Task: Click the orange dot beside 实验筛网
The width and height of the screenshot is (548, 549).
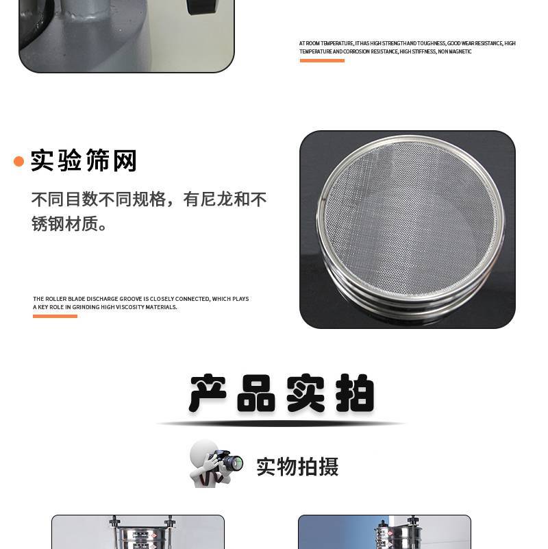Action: [18, 161]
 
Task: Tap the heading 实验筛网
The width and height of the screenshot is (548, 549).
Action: [84, 160]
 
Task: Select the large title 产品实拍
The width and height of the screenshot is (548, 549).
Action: [282, 393]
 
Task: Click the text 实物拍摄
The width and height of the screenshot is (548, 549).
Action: [297, 467]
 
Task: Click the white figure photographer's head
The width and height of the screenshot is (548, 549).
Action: [202, 452]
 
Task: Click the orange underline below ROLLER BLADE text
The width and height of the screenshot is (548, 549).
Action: [55, 316]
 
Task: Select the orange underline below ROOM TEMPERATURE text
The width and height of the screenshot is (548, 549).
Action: [322, 60]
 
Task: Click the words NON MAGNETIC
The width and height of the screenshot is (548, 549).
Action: [455, 51]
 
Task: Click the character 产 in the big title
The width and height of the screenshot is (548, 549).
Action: [207, 393]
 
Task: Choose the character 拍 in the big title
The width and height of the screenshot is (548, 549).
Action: [355, 393]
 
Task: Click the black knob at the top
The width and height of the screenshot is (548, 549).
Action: [203, 7]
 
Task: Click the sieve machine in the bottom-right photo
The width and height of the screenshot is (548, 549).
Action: [397, 535]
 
